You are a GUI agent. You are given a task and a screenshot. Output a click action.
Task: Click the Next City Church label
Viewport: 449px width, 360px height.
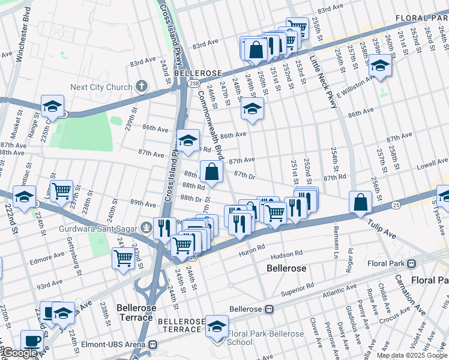click(100, 87)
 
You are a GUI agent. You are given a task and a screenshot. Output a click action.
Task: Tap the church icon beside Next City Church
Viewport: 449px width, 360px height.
click(141, 86)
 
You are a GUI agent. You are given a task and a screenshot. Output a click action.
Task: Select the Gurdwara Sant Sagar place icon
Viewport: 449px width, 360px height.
click(146, 228)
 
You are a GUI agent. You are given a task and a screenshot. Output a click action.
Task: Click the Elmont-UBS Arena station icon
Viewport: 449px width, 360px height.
click(154, 345)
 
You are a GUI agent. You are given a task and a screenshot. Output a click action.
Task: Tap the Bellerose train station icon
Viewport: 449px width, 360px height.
click(270, 310)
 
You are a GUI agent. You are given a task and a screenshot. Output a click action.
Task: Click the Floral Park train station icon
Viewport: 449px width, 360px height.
click(412, 263)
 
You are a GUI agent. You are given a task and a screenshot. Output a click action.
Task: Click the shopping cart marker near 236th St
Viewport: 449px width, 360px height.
click(61, 191)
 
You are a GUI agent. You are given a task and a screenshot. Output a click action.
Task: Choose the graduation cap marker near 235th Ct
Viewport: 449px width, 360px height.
click(53, 106)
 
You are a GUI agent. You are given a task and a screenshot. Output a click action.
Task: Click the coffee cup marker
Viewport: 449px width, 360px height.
click(32, 340)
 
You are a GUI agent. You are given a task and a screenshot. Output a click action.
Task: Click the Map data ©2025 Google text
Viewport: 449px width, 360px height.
click(411, 355)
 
